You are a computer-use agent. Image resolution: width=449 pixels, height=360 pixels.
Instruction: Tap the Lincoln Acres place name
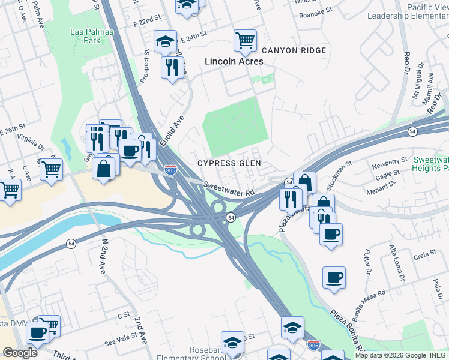tap(234, 61)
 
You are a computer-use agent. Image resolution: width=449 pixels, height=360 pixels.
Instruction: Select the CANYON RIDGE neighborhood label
tap(294, 50)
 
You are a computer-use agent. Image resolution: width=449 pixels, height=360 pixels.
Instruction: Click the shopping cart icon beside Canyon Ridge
tap(245, 41)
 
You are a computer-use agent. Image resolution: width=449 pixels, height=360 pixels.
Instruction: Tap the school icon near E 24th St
tap(165, 41)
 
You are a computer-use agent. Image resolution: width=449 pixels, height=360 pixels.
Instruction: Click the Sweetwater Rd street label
tap(229, 189)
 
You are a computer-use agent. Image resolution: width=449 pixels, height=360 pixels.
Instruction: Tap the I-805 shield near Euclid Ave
tap(171, 170)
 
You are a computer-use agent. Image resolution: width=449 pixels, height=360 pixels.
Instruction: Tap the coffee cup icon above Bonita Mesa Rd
tap(334, 278)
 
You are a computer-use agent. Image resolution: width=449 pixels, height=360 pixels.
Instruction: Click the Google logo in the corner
tap(20, 353)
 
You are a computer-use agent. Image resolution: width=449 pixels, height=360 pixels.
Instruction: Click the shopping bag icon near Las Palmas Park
tap(104, 169)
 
